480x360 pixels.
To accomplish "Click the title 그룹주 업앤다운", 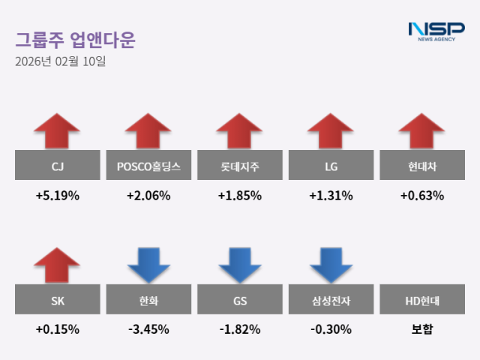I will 74,40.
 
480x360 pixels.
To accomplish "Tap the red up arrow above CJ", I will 57,130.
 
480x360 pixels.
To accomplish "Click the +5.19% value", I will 57,196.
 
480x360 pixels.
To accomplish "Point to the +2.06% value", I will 148,196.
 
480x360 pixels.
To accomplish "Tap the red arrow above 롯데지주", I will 239,130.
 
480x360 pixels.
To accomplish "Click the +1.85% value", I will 239,196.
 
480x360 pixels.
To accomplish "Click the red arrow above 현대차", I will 421,130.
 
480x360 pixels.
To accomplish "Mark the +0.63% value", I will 421,196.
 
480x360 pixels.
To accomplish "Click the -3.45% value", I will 148,329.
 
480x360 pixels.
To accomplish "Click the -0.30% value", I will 331,329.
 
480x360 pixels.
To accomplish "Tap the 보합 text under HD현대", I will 421,329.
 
